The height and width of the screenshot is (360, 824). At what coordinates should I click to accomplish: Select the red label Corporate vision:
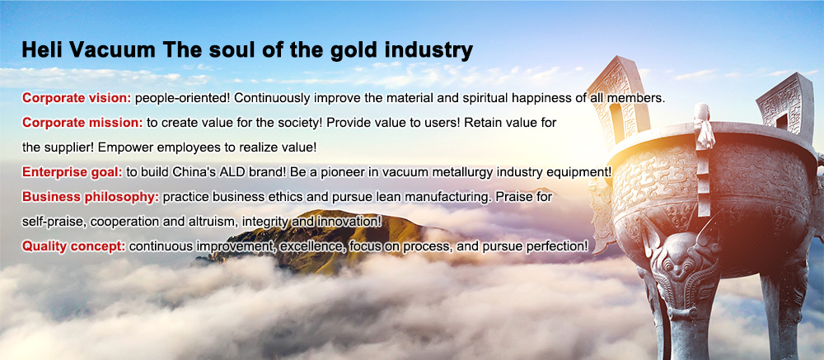click(x=77, y=98)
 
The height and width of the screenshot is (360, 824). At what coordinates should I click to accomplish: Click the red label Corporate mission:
click(x=82, y=123)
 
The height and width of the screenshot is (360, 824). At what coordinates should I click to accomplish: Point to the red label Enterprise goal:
click(x=73, y=172)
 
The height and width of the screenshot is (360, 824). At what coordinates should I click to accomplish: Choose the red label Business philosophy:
click(x=91, y=197)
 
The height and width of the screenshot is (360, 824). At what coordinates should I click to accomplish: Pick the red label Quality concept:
click(x=73, y=245)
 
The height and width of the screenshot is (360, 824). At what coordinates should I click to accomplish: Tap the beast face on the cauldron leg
click(x=681, y=258)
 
